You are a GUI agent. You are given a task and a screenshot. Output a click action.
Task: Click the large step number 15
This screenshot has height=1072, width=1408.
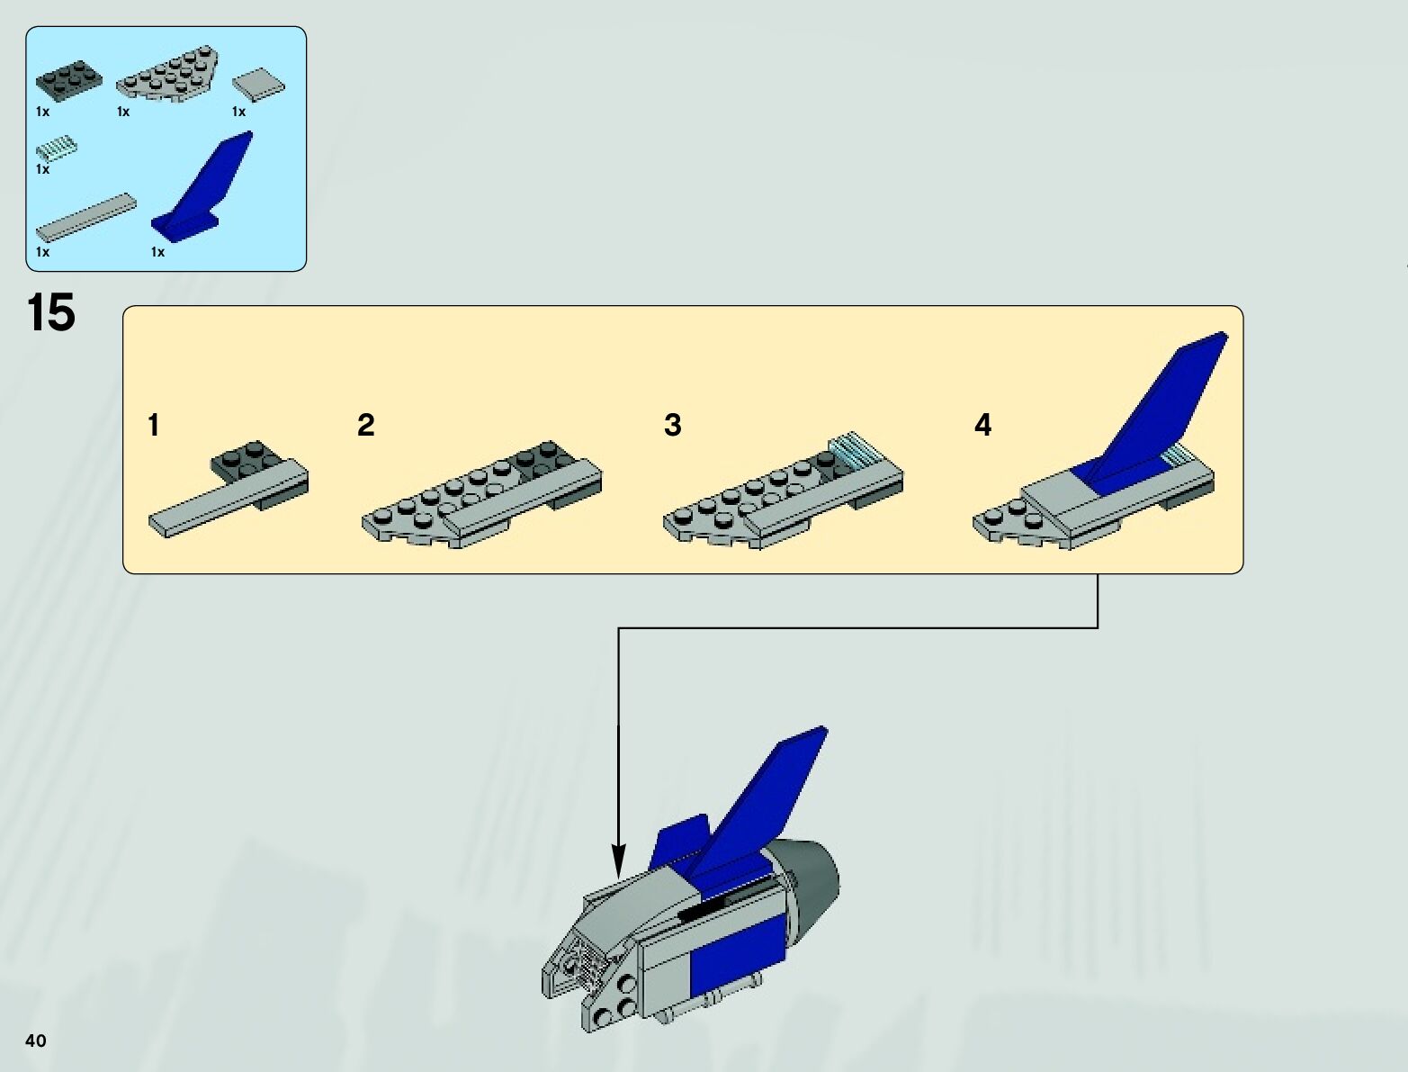click(x=51, y=313)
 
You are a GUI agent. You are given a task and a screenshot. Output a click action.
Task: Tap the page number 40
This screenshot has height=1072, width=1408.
click(x=36, y=1041)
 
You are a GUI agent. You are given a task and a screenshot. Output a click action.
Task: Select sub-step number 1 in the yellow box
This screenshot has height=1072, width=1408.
click(x=154, y=425)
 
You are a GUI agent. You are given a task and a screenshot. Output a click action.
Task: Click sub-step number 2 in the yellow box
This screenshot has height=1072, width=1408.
click(x=365, y=425)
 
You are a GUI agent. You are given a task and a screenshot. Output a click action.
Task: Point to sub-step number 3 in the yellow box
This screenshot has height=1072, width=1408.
click(x=672, y=425)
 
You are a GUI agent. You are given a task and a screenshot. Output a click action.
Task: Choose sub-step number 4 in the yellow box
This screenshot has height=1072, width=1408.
click(x=982, y=425)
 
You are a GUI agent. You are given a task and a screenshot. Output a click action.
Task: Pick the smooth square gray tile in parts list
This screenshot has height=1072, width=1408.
click(x=259, y=86)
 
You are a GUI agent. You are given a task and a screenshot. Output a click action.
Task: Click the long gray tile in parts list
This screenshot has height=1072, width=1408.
click(x=86, y=216)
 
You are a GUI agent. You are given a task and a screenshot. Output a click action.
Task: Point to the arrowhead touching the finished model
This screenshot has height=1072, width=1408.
click(x=618, y=860)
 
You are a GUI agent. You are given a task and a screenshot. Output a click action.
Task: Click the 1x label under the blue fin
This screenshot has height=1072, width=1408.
click(x=158, y=252)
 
